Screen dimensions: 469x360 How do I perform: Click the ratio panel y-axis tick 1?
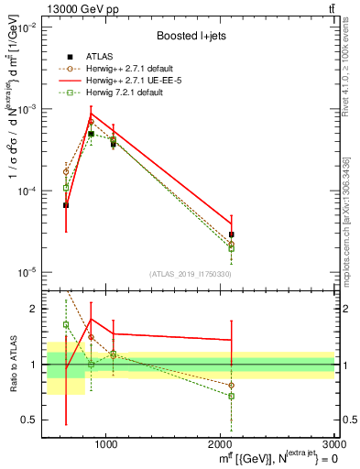(x=34, y=365)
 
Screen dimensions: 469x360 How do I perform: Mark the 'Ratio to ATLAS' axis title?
(x=12, y=364)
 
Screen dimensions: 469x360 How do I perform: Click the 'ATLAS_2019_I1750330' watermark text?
(x=190, y=273)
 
